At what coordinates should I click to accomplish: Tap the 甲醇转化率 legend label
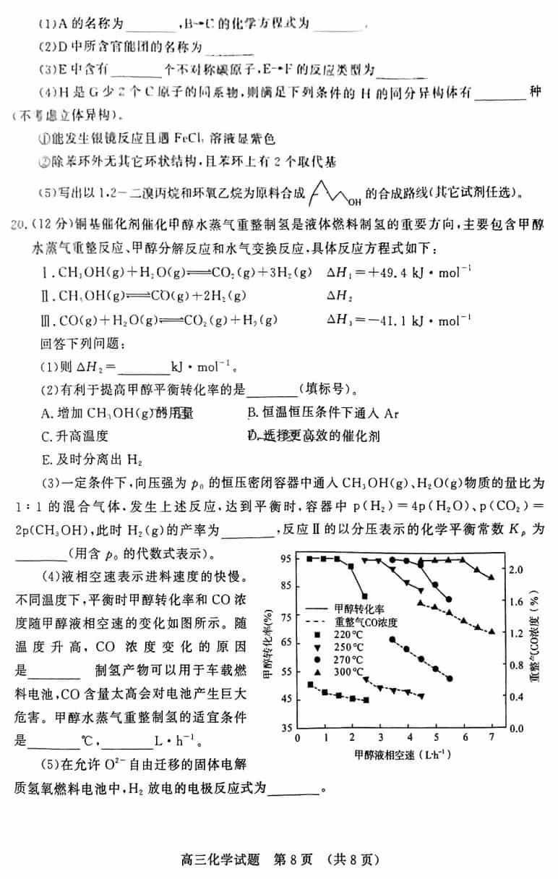coord(369,609)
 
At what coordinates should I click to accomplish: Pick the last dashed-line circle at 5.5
coord(450,678)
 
